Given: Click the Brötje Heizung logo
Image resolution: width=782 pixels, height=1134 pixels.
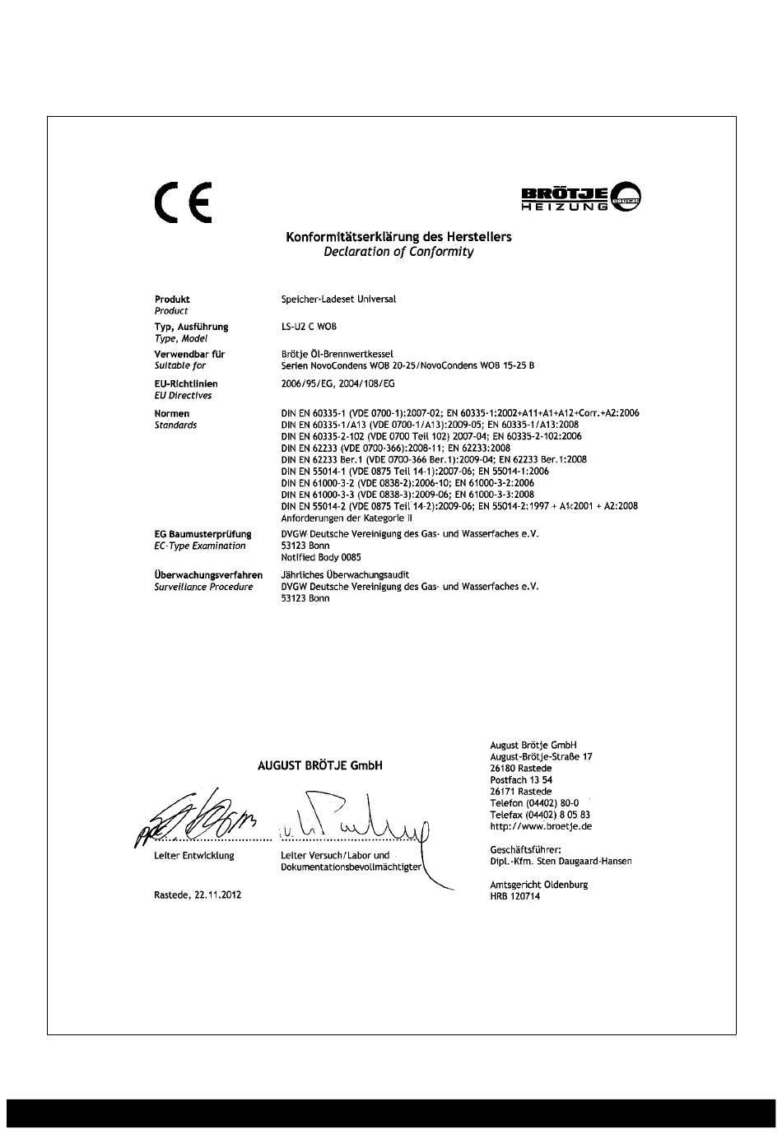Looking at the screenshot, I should tap(581, 197).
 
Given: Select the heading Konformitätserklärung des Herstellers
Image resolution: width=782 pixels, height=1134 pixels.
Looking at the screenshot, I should tap(398, 237).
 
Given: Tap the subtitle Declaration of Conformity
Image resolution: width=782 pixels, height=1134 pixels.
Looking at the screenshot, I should tap(398, 252).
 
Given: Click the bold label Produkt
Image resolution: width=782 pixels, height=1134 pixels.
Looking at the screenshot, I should tap(172, 300).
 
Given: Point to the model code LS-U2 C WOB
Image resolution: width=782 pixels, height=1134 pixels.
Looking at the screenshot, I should tap(309, 327).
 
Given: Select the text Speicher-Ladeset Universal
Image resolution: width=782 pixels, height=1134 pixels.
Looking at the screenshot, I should tap(338, 300).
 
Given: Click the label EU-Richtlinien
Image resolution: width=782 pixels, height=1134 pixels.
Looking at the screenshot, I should tap(186, 383).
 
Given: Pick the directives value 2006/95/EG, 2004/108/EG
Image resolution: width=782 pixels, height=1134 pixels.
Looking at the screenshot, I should tap(337, 383).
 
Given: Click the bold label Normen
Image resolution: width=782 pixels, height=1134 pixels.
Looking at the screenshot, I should tap(172, 413).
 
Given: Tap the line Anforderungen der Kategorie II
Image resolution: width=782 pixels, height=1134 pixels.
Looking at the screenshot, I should tap(347, 518).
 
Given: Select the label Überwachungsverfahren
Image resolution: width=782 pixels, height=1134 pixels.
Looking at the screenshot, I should tap(208, 575).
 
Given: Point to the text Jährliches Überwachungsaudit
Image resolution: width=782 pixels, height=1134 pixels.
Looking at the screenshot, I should tap(345, 575).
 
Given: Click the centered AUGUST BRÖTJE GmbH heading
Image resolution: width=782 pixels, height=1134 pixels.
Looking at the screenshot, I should tap(320, 765).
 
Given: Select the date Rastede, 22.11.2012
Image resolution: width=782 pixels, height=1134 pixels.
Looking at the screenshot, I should tap(198, 895).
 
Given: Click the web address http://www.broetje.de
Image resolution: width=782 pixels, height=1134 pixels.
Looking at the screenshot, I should tap(541, 826).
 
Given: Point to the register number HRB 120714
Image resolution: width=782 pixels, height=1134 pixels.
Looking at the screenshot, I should tap(515, 896).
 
